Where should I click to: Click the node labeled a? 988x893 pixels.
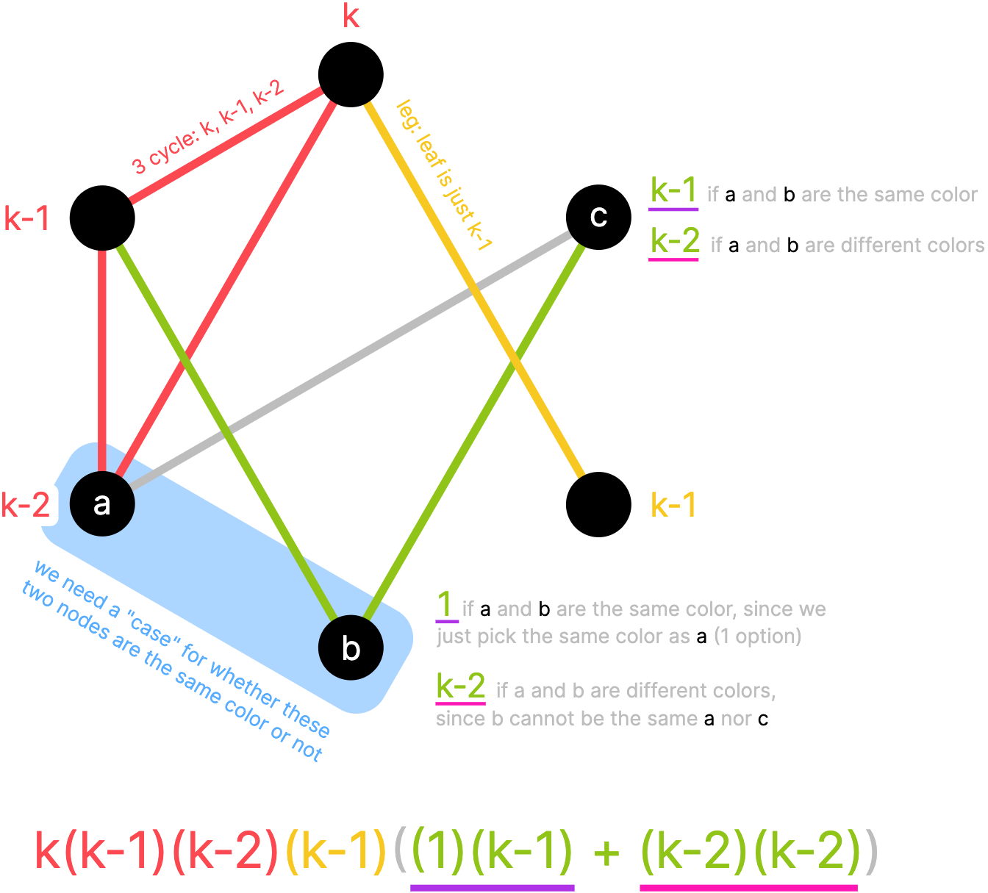(102, 504)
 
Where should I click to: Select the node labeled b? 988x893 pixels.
(351, 648)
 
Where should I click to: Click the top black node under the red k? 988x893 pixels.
(351, 74)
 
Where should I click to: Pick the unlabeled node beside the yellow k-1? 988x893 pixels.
(598, 504)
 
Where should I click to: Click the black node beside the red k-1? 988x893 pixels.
(102, 218)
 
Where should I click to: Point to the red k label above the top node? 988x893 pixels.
(351, 16)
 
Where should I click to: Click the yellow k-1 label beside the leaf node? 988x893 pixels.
(673, 505)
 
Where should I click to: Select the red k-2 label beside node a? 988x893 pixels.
(26, 505)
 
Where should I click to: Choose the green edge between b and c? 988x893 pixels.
(478, 426)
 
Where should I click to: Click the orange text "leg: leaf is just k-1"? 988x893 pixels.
(444, 176)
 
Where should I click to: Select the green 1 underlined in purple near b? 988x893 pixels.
(445, 606)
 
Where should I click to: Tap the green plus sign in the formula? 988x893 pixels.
(606, 853)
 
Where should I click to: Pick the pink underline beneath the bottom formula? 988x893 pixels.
(748, 887)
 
